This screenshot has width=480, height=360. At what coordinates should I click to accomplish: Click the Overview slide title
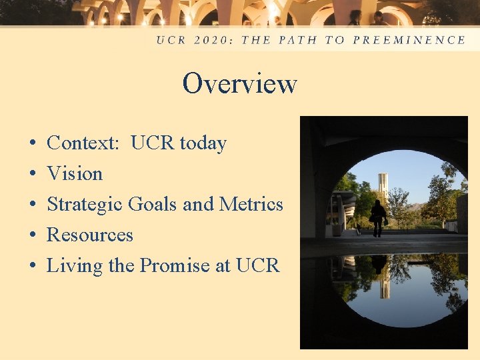coord(239,84)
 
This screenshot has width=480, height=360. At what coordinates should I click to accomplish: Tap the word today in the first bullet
coord(203,143)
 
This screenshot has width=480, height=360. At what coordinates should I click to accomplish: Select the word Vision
coord(75,174)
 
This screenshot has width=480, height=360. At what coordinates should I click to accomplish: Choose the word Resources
coord(90,235)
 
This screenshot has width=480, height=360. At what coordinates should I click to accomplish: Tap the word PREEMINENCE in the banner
coord(409,40)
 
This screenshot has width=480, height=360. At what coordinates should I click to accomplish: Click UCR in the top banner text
coord(171,40)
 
